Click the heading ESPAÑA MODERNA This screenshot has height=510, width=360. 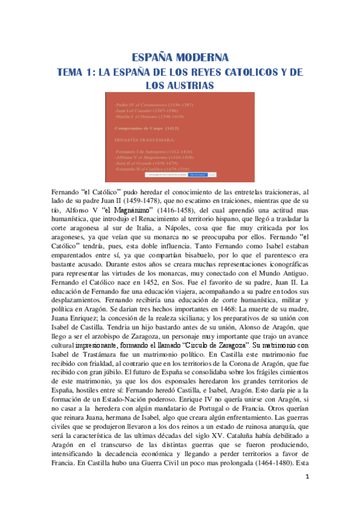(180, 58)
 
